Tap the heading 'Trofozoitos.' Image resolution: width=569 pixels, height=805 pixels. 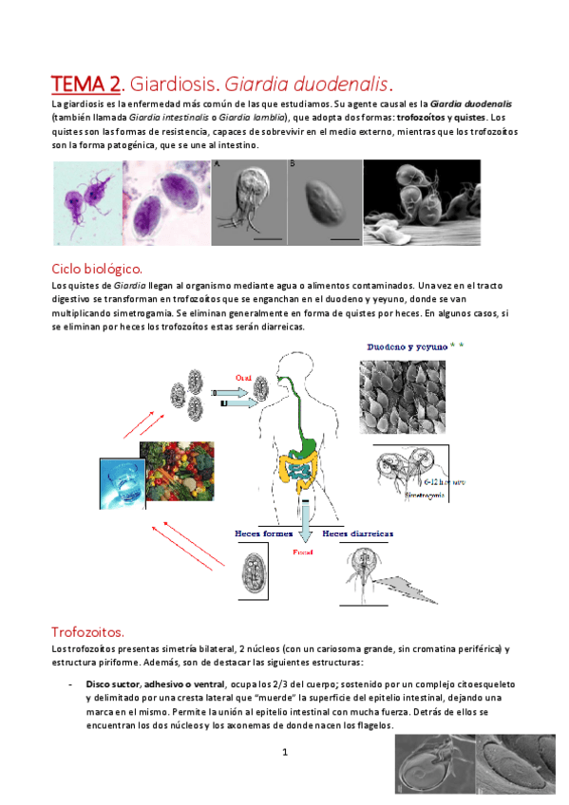(87, 632)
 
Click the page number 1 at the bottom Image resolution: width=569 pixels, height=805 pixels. (284, 752)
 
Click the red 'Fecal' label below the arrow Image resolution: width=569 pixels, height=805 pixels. (303, 550)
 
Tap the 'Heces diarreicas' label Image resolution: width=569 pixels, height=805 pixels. (358, 534)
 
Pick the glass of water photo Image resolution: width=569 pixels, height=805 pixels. (119, 481)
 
